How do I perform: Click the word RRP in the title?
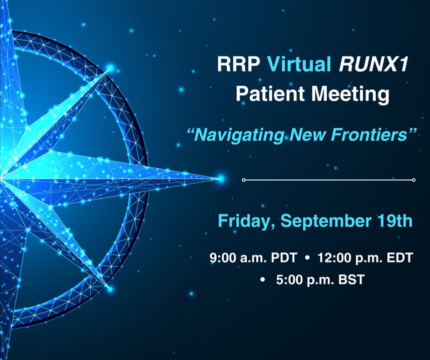point(239,64)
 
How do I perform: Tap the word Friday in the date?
point(243,221)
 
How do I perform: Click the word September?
point(322,221)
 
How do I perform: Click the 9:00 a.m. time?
point(238,258)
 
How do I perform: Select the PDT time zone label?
point(284,258)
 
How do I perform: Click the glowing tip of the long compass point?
point(221,179)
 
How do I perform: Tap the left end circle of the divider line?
point(243,180)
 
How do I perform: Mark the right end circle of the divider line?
point(413,180)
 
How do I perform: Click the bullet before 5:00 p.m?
point(263,280)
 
